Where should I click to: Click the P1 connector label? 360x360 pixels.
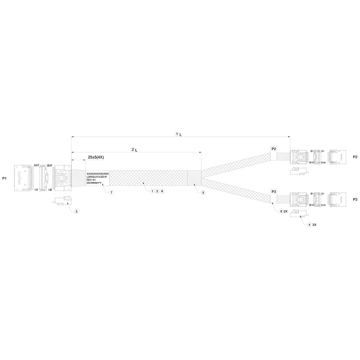pos(4,178)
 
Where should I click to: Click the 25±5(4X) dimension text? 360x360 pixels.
pos(96,157)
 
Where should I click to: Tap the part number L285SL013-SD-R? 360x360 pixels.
pos(96,177)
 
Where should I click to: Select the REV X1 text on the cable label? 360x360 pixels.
pos(91,180)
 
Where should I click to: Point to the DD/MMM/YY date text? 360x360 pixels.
pos(94,183)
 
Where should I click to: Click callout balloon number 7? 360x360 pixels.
pos(112,193)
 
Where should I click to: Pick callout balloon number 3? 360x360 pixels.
pos(76,211)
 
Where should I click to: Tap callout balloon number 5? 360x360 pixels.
pos(203,193)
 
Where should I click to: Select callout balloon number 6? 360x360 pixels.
pos(162,191)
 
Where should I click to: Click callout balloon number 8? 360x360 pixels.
pos(281,211)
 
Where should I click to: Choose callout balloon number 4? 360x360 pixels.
pos(309,224)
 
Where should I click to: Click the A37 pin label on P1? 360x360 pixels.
pos(36,165)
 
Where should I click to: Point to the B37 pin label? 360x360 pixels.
pos(50,165)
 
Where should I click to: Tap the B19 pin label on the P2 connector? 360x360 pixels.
pos(312,163)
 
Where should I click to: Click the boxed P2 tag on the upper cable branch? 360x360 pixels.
pos(274,149)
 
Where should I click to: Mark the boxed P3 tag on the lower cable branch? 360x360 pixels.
pos(274,192)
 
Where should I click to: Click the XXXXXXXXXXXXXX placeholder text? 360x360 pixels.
pos(98,174)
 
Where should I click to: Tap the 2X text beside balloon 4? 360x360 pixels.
pos(314,224)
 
